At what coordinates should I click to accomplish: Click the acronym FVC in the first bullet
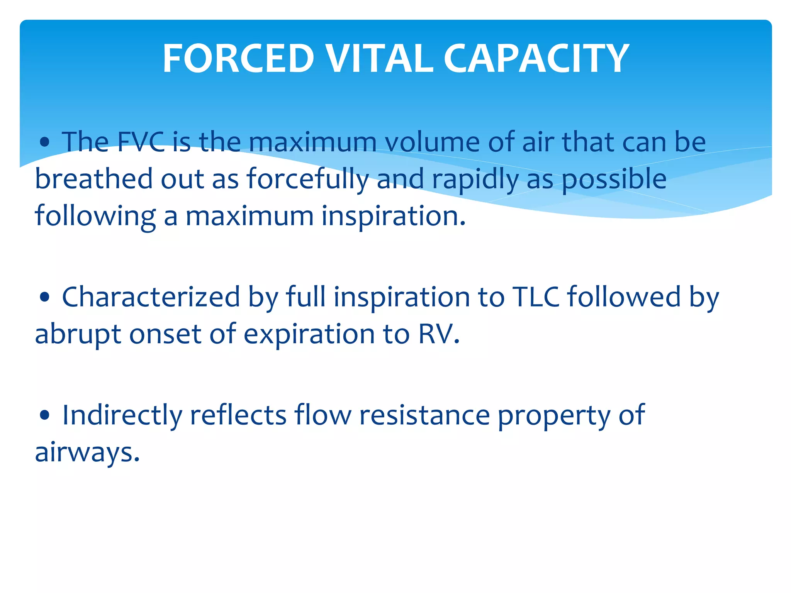(141, 142)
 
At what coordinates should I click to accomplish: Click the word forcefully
(307, 180)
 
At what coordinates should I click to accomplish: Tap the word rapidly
(475, 180)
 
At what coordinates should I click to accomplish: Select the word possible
(614, 180)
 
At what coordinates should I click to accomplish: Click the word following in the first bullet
(95, 216)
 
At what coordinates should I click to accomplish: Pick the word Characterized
(151, 297)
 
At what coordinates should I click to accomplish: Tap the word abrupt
(78, 334)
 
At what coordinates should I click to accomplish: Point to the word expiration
(309, 334)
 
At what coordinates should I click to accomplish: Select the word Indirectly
(122, 415)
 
